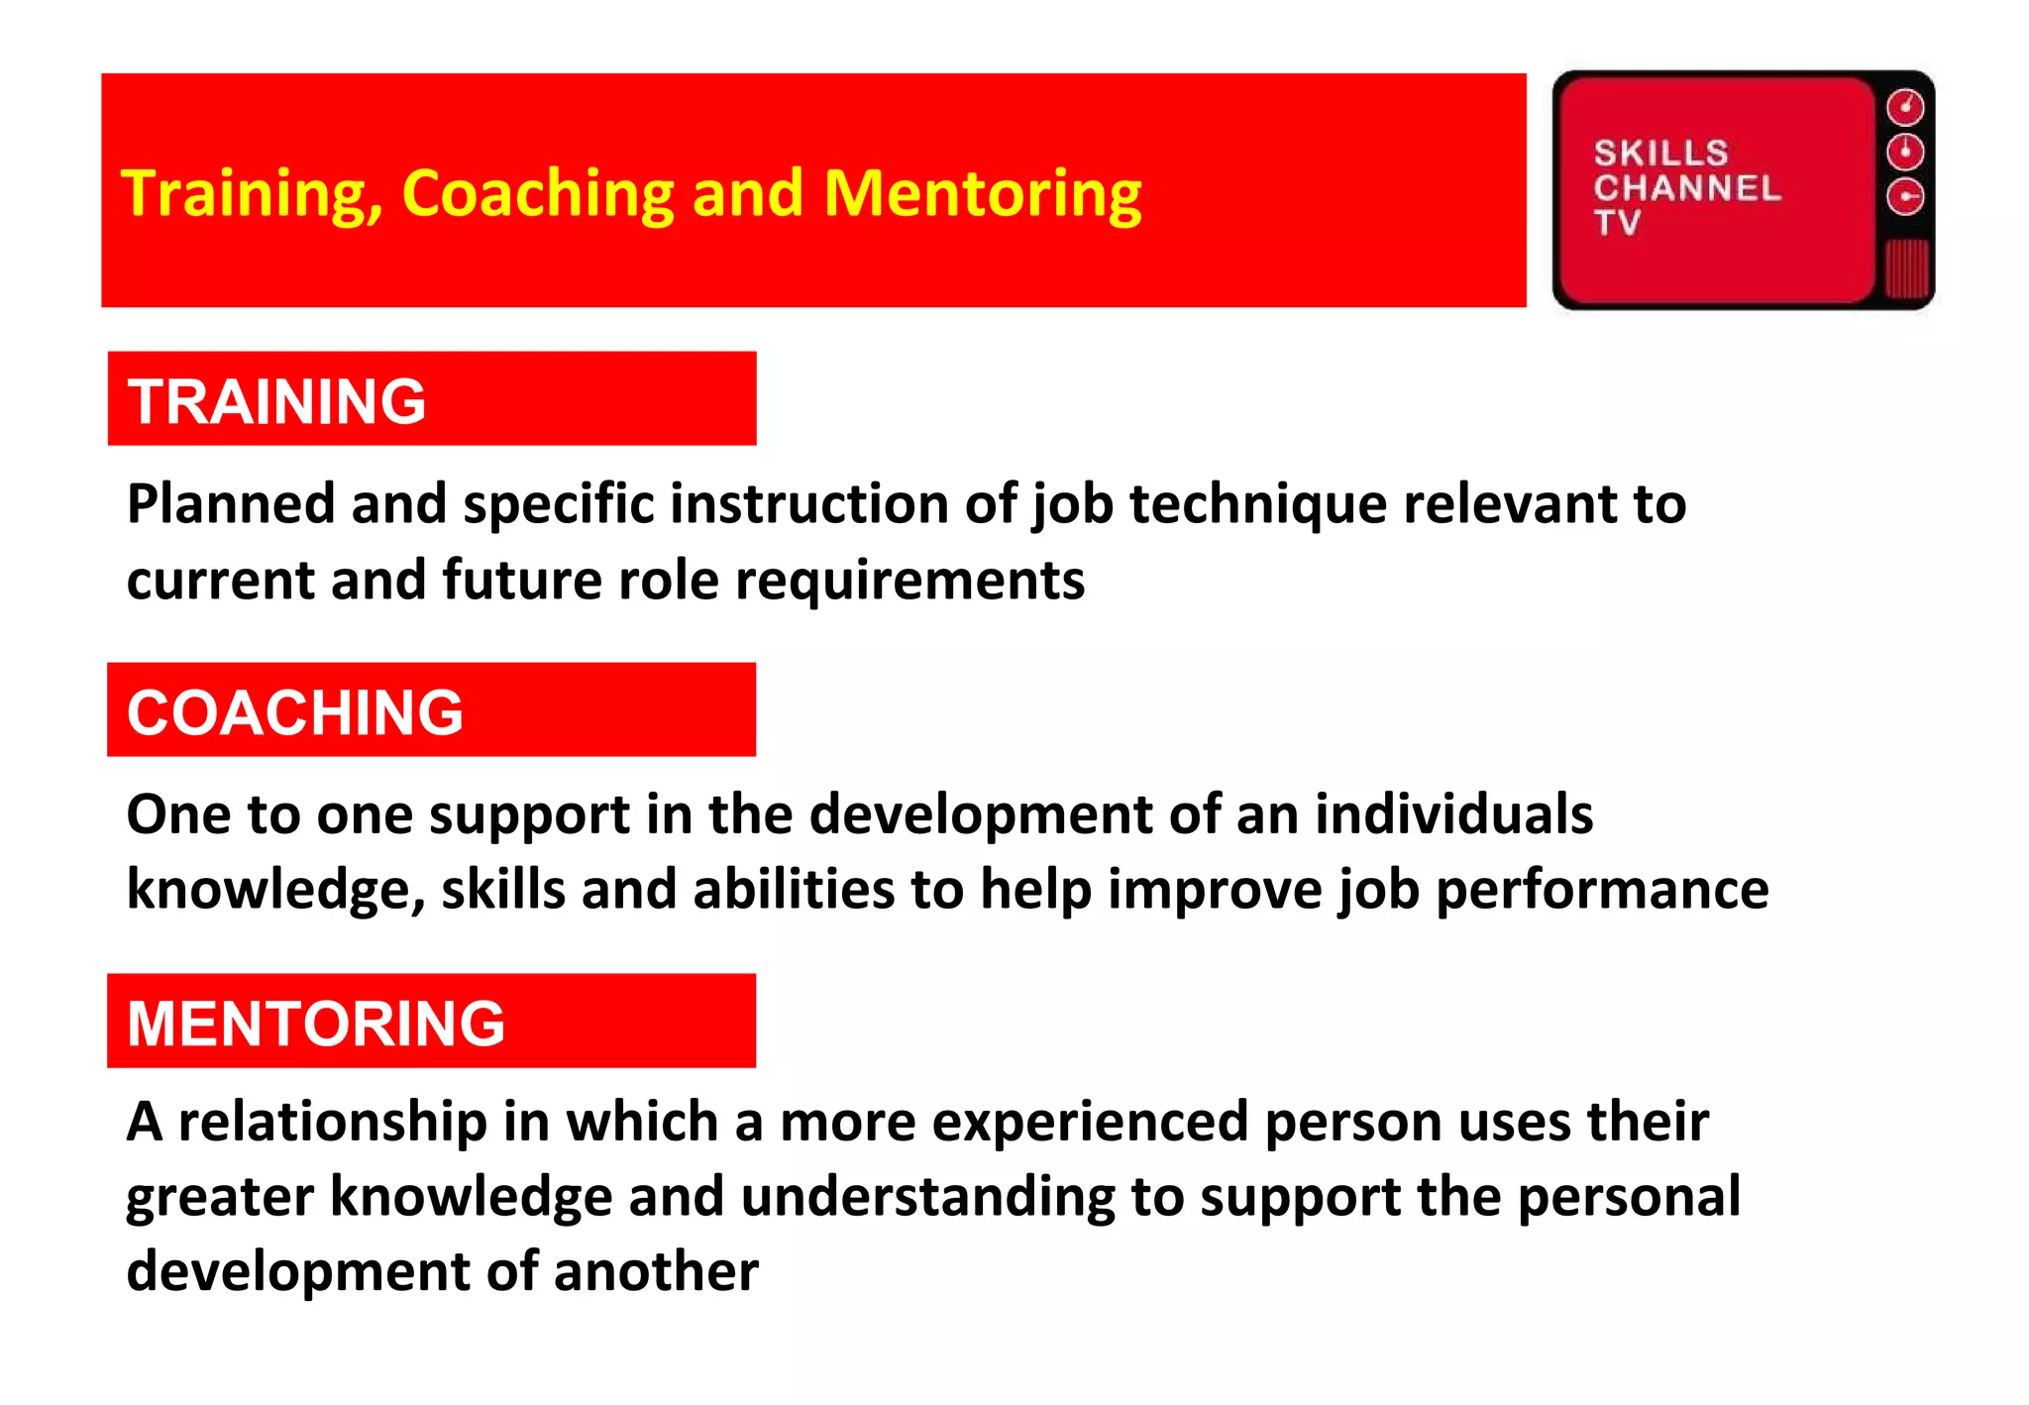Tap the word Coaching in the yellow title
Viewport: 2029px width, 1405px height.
click(538, 194)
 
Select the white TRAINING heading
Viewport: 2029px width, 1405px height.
click(276, 401)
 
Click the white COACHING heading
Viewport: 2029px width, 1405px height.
click(294, 712)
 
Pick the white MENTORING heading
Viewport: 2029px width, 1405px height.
click(316, 1024)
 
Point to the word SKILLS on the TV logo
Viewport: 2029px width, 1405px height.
click(1660, 154)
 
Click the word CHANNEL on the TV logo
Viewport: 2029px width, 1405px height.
click(1687, 188)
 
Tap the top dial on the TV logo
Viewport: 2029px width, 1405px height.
click(1904, 107)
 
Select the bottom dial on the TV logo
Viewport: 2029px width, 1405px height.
click(1904, 196)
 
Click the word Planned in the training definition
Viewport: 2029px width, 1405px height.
click(231, 504)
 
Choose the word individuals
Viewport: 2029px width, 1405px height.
click(1453, 814)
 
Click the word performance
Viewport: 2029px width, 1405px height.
click(1602, 890)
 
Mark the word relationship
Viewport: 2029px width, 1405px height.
click(333, 1123)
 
